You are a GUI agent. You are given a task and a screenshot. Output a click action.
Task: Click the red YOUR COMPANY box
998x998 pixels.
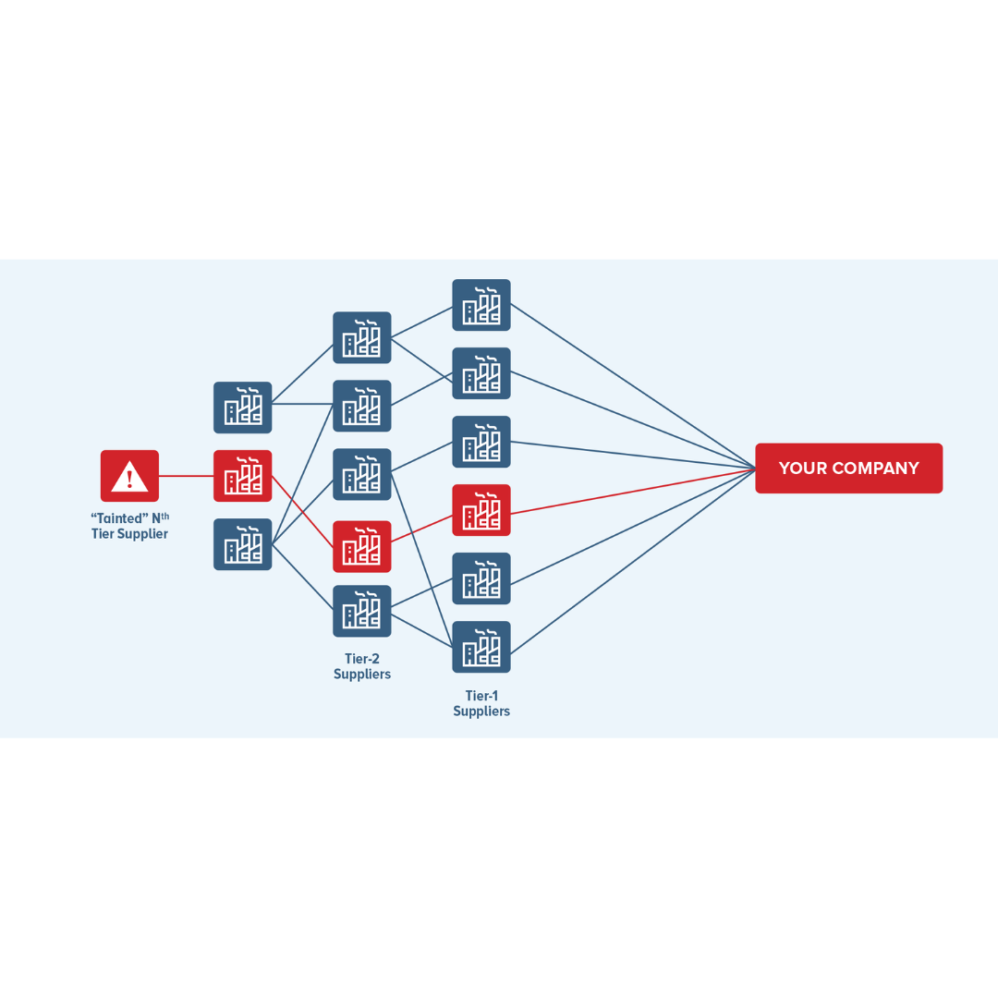click(848, 469)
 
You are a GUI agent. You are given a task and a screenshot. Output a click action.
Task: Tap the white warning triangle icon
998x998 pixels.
click(129, 476)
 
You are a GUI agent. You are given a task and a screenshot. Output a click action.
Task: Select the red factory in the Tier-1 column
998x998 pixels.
click(481, 510)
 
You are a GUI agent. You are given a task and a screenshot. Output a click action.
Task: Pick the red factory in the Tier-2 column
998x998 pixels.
click(362, 546)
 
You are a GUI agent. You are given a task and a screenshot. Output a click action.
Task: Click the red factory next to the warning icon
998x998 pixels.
click(243, 476)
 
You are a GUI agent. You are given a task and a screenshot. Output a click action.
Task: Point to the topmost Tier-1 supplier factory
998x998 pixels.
click(481, 305)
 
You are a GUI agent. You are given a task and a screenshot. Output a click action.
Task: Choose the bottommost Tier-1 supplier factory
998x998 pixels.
click(481, 647)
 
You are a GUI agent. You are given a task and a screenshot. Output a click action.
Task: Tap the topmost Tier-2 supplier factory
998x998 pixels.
click(362, 337)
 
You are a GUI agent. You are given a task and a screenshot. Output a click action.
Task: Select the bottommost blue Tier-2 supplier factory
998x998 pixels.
click(362, 611)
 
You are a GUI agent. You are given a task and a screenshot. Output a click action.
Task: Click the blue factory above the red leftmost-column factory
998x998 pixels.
click(243, 408)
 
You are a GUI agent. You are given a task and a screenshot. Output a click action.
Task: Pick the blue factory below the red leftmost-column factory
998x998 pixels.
click(243, 544)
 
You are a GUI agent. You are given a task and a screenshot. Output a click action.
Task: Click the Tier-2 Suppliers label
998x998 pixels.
click(362, 666)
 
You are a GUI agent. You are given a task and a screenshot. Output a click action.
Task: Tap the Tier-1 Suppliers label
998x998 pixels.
click(481, 703)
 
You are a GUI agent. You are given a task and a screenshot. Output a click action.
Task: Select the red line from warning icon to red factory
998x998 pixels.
click(186, 476)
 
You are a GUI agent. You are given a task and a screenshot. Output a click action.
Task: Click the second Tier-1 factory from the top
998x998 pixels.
click(481, 373)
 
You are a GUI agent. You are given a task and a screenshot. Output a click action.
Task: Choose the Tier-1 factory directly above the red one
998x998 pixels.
click(481, 442)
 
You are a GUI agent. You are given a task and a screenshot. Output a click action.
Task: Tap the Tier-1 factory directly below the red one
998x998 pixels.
click(481, 578)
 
